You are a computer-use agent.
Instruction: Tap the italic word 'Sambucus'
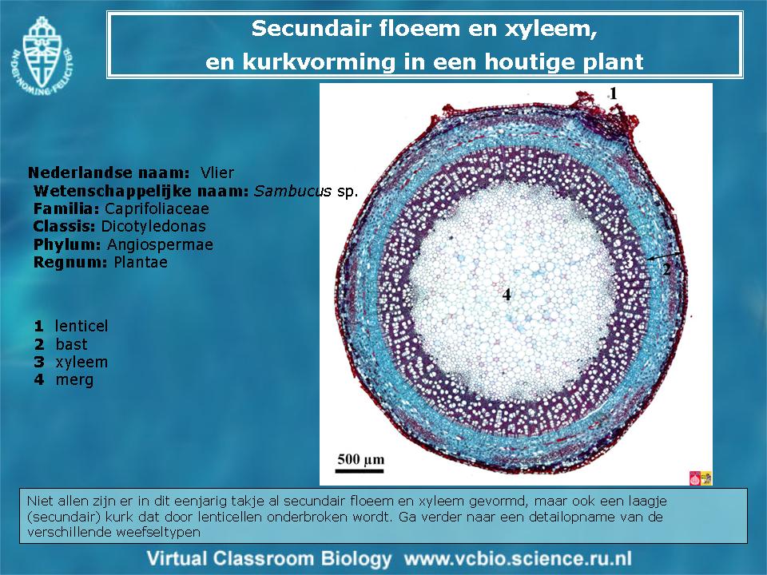click(x=292, y=191)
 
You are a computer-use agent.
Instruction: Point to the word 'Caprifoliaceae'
click(x=157, y=208)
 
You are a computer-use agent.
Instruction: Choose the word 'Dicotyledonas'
click(x=153, y=226)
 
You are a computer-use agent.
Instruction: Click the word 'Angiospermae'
click(x=160, y=244)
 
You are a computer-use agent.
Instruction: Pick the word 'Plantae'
click(x=141, y=262)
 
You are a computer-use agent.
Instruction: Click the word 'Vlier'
click(x=217, y=172)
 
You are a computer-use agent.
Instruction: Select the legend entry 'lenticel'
click(x=81, y=326)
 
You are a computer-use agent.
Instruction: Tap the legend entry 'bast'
click(x=71, y=344)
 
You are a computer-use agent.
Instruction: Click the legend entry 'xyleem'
click(x=81, y=363)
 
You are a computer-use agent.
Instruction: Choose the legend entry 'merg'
click(x=74, y=380)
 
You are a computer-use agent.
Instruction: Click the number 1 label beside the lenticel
click(x=613, y=93)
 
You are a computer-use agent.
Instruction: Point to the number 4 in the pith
click(x=507, y=295)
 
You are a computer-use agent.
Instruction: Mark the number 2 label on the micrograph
click(x=666, y=269)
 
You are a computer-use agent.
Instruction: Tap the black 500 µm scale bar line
click(x=360, y=471)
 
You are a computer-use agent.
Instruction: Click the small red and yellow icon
click(x=700, y=478)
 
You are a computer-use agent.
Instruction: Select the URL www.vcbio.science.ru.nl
click(x=518, y=558)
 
